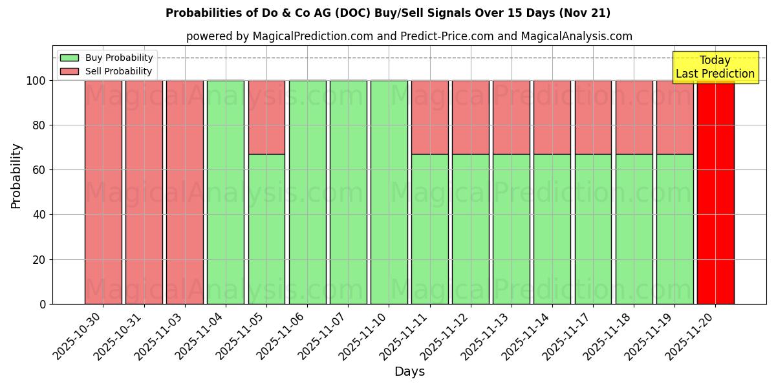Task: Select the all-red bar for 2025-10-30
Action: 103,192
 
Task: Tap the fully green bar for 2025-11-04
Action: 225,192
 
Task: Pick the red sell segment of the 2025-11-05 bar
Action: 266,117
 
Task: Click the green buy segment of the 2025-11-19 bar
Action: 674,229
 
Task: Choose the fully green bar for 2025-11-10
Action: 389,192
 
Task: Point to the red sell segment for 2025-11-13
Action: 511,117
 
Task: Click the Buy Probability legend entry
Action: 107,58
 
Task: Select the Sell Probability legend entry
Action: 107,71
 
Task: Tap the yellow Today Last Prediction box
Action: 715,67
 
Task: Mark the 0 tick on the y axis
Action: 43,304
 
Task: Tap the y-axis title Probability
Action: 16,176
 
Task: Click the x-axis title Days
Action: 409,372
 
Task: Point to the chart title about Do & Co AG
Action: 388,13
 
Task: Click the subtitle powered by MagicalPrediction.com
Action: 409,36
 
